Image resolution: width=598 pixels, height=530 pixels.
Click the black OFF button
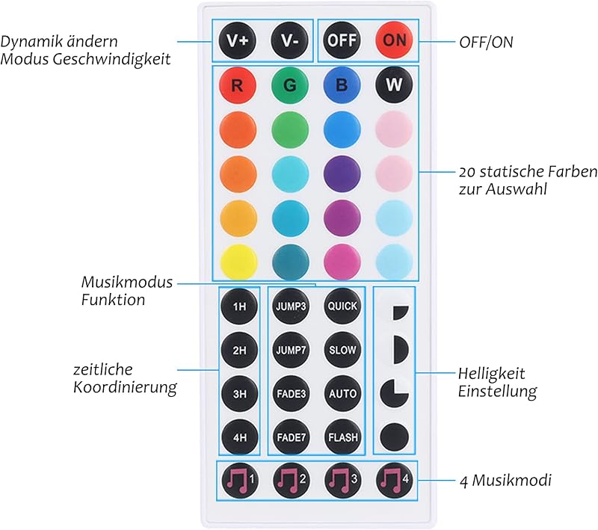tap(342, 40)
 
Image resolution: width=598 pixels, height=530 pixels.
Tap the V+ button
tap(238, 40)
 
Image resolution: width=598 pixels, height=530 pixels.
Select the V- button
tap(289, 40)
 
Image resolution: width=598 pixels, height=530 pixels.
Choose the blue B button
tap(342, 84)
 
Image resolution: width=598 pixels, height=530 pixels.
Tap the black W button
tap(394, 84)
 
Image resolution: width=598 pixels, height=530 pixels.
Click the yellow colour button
tap(238, 262)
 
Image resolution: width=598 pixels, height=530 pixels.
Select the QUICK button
tap(342, 306)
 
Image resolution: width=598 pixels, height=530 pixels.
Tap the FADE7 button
tap(291, 437)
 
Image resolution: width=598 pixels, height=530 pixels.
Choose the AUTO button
tap(342, 393)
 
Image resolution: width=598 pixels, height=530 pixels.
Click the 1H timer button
tap(239, 306)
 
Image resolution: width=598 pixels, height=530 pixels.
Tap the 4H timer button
tap(239, 437)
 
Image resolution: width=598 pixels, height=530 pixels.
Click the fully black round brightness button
tap(395, 437)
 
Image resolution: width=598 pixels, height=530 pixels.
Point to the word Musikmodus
tap(127, 282)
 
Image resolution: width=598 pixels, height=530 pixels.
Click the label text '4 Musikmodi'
tap(505, 481)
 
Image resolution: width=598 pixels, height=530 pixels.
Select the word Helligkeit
tap(491, 373)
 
